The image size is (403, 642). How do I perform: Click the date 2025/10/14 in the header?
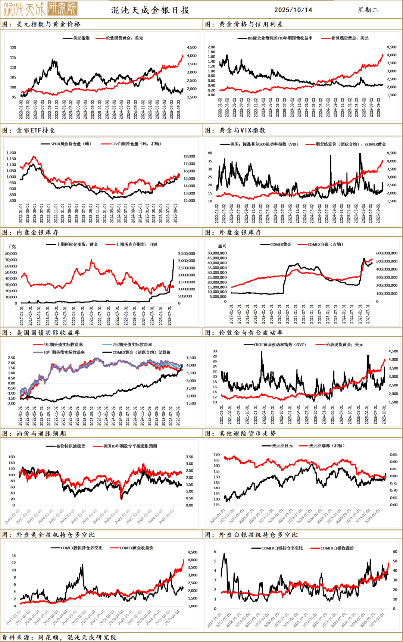[293, 10]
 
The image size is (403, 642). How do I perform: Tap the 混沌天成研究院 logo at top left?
[40, 9]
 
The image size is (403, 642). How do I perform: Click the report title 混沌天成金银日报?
[150, 10]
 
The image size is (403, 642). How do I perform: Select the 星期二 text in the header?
[368, 10]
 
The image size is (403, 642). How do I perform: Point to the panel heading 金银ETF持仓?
[36, 130]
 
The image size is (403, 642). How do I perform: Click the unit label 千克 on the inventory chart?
[12, 246]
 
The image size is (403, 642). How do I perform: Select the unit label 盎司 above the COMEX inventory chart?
[222, 246]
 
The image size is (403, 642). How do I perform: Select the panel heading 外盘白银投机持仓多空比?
[258, 535]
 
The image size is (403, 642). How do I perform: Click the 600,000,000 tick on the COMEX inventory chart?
[387, 253]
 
